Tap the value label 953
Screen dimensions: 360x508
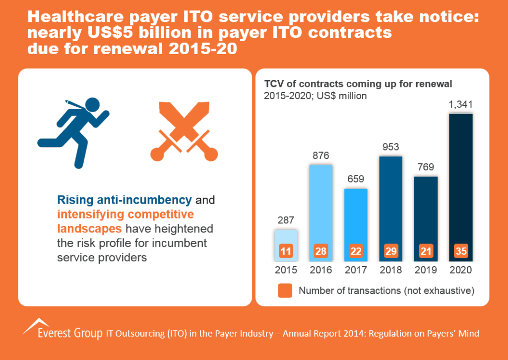[x=390, y=147]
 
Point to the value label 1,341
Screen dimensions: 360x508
[x=461, y=104]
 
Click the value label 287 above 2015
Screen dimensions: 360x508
[x=286, y=220]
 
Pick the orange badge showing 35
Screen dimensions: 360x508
[x=461, y=251]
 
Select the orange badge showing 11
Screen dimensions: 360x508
[x=286, y=251]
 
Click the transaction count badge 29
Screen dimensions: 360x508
[x=391, y=251]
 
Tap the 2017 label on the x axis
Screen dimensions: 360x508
[x=356, y=271]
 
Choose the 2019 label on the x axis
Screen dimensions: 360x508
[x=426, y=271]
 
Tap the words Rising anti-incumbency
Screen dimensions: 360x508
[x=125, y=201]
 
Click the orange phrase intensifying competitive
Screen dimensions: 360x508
[x=125, y=215]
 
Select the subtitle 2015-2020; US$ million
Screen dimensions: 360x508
[x=315, y=96]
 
